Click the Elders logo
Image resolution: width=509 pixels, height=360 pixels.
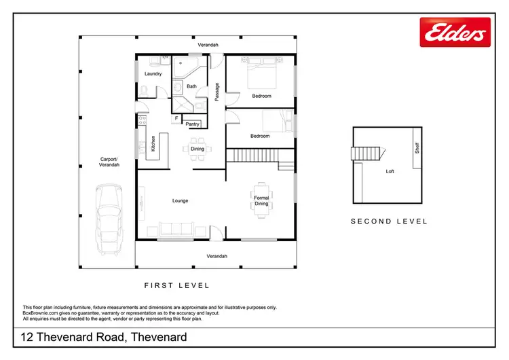(x=454, y=33)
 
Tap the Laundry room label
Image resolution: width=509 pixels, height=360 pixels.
(x=153, y=73)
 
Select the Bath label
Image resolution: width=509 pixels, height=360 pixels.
(x=191, y=86)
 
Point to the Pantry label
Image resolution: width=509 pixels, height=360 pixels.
(x=192, y=124)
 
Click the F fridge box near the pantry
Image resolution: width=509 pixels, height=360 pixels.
(x=176, y=119)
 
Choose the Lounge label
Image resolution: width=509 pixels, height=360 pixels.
(x=180, y=200)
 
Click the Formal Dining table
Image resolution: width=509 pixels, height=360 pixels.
(x=261, y=200)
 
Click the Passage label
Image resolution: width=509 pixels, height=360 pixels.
(x=216, y=92)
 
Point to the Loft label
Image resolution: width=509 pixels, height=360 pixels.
(x=390, y=171)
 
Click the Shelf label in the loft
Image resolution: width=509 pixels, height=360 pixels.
(x=417, y=147)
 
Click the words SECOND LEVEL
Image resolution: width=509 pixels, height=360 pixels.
(x=389, y=221)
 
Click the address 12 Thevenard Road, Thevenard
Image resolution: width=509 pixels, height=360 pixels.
(x=104, y=337)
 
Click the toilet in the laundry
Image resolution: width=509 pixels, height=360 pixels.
(x=144, y=91)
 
